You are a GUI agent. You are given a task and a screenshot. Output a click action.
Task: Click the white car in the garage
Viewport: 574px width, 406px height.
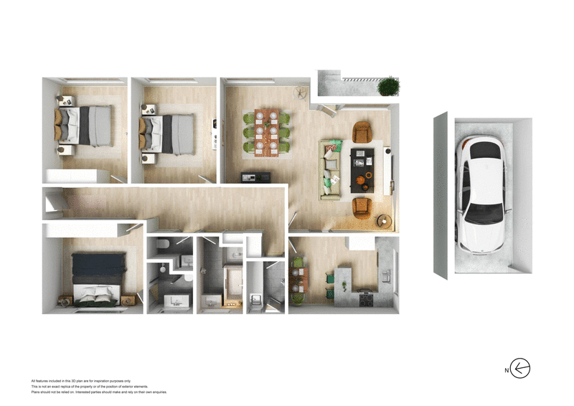pyautogui.click(x=482, y=195)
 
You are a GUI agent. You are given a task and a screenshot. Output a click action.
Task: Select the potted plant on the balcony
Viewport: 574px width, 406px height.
pyautogui.click(x=388, y=86)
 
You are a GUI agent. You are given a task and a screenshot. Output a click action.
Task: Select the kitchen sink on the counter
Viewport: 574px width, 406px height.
pyautogui.click(x=386, y=275)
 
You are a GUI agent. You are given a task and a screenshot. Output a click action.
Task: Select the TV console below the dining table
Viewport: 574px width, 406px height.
pyautogui.click(x=254, y=177)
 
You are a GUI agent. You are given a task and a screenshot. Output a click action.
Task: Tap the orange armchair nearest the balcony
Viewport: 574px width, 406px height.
pyautogui.click(x=363, y=132)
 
